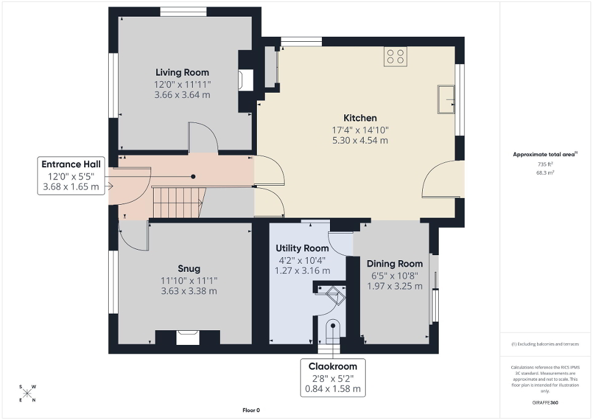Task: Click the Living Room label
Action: tap(182, 73)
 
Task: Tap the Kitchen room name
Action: tap(360, 117)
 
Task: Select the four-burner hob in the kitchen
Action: tap(395, 57)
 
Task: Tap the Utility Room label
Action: tap(302, 248)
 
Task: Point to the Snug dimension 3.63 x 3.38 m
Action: tap(189, 291)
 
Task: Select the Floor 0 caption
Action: tap(251, 410)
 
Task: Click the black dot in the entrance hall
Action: tap(193, 176)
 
